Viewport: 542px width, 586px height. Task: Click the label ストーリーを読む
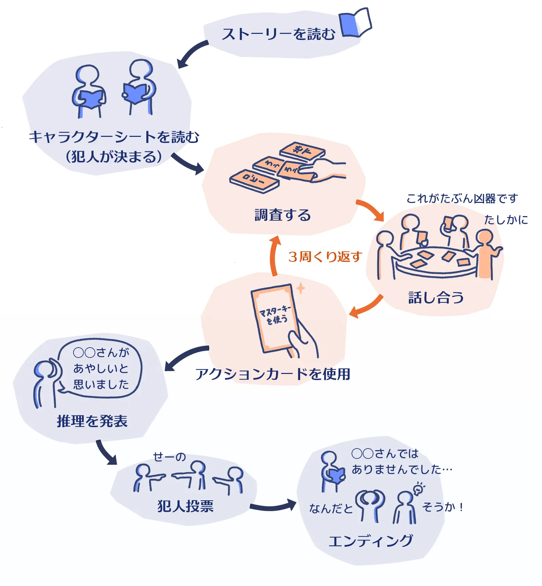(x=278, y=34)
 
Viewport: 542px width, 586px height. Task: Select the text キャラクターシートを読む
(x=114, y=137)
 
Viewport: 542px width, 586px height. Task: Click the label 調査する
(x=283, y=215)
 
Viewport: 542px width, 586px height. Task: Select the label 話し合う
(x=436, y=297)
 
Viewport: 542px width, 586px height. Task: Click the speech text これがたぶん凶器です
(x=462, y=198)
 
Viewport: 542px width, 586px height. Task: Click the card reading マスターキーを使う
(x=275, y=317)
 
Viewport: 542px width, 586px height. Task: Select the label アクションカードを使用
(x=273, y=374)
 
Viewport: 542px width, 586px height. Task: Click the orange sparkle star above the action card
(x=300, y=288)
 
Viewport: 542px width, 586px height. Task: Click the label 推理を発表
(x=92, y=421)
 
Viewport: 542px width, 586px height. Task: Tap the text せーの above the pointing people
(x=169, y=457)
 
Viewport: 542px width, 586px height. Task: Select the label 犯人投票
(x=185, y=506)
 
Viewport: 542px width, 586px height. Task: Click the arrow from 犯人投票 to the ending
(x=273, y=506)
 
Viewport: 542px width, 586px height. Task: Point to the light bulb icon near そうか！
(x=419, y=489)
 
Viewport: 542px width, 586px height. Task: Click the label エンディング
(x=371, y=541)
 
